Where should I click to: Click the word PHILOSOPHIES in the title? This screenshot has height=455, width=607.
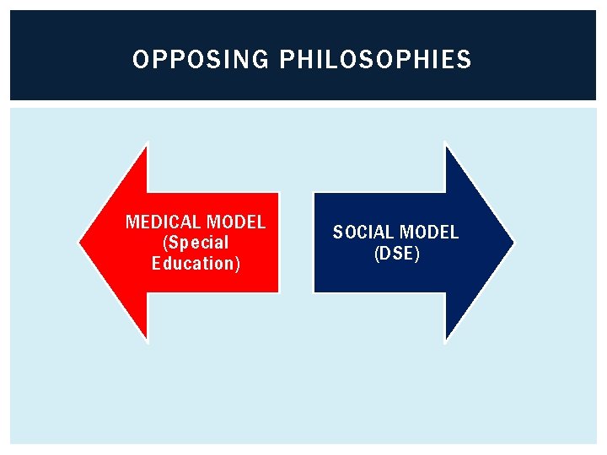pos(375,60)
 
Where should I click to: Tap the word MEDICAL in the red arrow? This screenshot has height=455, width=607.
pos(162,222)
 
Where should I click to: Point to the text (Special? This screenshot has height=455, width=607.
pos(196,243)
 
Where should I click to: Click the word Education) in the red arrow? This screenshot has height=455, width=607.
pos(196,264)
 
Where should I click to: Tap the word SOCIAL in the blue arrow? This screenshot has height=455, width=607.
pos(364,233)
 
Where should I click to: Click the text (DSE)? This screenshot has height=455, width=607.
pos(396,253)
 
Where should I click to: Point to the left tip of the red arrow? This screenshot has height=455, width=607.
pos(81,243)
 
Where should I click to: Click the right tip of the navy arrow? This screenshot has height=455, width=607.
pos(512,243)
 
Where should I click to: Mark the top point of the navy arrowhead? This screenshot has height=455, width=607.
pos(445,145)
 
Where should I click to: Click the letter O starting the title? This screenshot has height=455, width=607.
pos(140,60)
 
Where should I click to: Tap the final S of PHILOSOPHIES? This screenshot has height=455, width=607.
pos(465,60)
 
